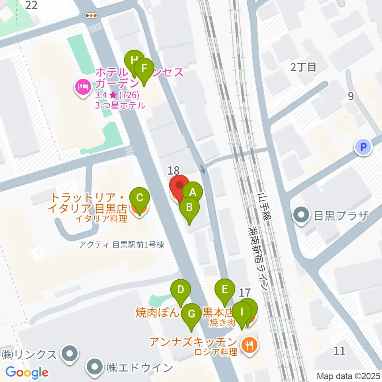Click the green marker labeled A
pos(193,192)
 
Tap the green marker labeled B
pos(189,207)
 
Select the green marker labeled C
pos(140,198)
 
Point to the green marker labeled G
pos(191,314)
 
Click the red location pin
pos(179,185)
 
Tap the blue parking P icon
pos(363,147)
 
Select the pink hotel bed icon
pos(82,88)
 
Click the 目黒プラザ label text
pos(342,216)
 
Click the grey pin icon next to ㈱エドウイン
pos(95,366)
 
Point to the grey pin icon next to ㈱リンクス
pos(70,353)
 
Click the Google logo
pos(27,372)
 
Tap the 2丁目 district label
pos(304,67)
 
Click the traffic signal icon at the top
pos(92,16)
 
